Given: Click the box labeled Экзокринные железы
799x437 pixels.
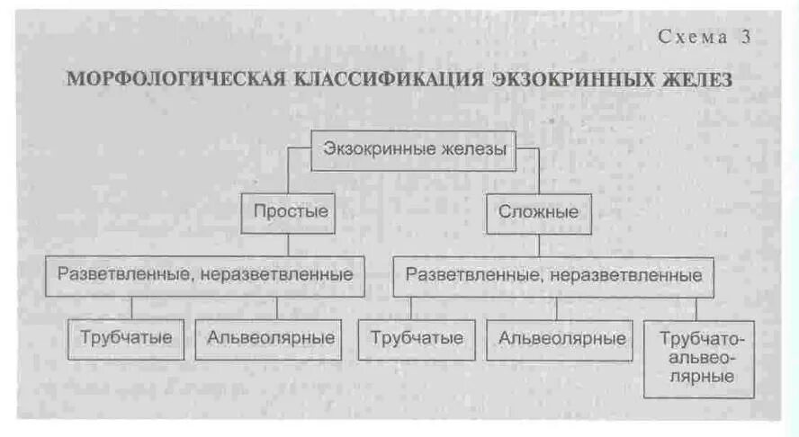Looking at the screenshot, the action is coord(414,150).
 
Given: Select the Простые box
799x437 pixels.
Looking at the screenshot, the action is coord(290,213).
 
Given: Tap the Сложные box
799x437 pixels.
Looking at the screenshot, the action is coord(538,213).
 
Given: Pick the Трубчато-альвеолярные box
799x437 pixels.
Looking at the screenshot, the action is coord(698,359).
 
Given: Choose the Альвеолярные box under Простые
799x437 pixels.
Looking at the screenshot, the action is coord(270,339).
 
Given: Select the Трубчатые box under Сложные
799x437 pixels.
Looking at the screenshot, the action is coord(416,339).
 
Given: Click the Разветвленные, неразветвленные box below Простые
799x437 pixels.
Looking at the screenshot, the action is coord(205,275).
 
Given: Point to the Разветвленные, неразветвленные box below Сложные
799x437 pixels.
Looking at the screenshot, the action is coord(553,275).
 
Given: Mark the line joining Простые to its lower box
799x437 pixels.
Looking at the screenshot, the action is coord(289,245).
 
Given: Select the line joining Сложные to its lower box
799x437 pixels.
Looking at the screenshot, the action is coord(539,245).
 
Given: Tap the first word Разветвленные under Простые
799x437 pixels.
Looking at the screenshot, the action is coord(120,275).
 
